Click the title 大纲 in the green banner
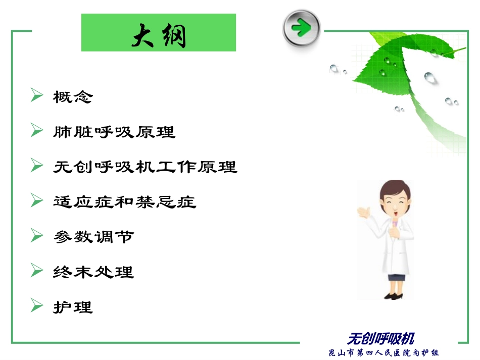[159, 35]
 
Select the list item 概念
[73, 97]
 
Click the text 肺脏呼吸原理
[114, 132]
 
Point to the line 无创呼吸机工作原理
[145, 167]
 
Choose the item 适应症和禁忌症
[124, 202]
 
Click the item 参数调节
[93, 237]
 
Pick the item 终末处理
[93, 272]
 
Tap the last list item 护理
[73, 307]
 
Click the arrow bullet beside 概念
[36, 95]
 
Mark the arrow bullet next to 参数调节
[36, 235]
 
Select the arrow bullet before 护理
[36, 305]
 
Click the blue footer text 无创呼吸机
[381, 338]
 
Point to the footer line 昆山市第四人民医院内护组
[384, 352]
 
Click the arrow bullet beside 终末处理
[36, 271]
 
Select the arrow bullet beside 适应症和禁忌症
[36, 200]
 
